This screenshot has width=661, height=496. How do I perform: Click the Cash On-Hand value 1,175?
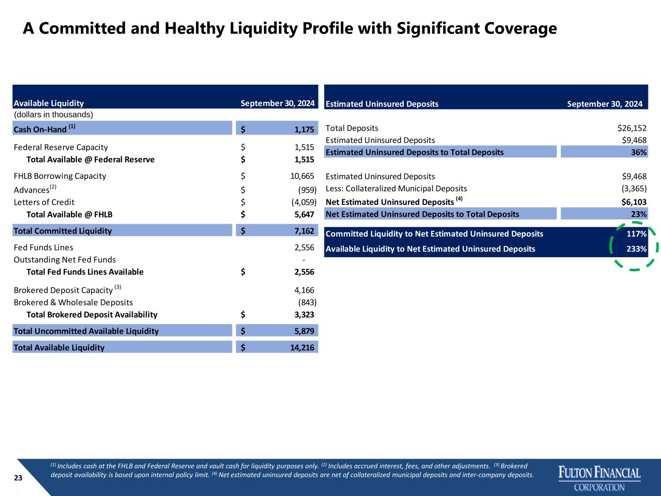click(304, 129)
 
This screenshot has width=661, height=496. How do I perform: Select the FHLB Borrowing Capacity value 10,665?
click(302, 176)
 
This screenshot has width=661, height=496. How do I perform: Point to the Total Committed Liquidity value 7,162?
click(304, 231)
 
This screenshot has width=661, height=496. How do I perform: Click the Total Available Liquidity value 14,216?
click(302, 347)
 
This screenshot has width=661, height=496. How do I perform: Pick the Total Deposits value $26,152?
click(632, 128)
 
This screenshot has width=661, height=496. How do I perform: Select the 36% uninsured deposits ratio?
click(639, 153)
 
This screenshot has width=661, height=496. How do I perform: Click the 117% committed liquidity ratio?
click(637, 233)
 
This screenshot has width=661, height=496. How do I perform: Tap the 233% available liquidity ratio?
click(637, 249)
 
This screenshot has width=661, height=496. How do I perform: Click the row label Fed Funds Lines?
click(44, 248)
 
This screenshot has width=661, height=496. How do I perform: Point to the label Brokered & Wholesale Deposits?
click(73, 302)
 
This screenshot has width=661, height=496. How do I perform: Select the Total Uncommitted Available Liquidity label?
click(86, 331)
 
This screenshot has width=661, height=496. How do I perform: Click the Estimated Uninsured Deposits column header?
click(382, 104)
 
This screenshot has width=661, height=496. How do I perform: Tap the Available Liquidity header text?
click(49, 103)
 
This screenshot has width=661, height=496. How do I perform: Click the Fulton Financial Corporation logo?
click(600, 479)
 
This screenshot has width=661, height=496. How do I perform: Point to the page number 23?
click(18, 478)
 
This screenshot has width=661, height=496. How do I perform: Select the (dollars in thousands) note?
click(53, 115)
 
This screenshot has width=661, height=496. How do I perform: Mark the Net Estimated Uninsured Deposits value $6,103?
click(634, 202)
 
